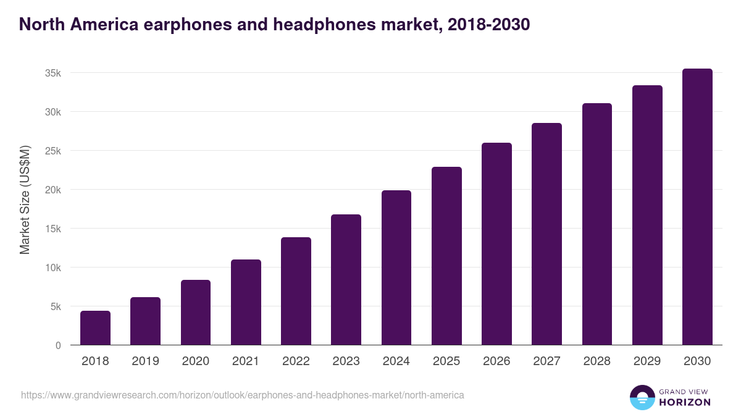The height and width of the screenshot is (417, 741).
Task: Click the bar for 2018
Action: click(95, 328)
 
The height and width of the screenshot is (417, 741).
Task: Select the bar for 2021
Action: click(246, 302)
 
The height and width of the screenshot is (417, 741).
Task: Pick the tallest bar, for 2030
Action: click(697, 207)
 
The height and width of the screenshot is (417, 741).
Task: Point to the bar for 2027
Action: click(547, 234)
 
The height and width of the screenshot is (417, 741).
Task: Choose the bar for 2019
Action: click(145, 321)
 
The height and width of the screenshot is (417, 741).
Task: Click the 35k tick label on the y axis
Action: click(52, 73)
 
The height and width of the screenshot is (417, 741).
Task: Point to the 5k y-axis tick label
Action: click(55, 306)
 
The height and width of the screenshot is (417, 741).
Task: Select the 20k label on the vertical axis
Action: click(52, 190)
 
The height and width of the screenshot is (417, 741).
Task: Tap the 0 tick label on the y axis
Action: click(58, 345)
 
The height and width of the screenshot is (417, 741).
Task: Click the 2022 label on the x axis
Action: click(296, 361)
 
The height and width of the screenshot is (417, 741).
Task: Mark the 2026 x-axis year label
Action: click(496, 361)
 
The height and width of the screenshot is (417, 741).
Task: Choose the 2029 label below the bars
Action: click(647, 361)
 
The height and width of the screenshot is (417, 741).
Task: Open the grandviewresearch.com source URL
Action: click(242, 395)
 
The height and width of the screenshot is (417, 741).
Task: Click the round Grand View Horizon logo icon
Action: click(642, 397)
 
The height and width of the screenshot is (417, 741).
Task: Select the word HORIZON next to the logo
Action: click(684, 402)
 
